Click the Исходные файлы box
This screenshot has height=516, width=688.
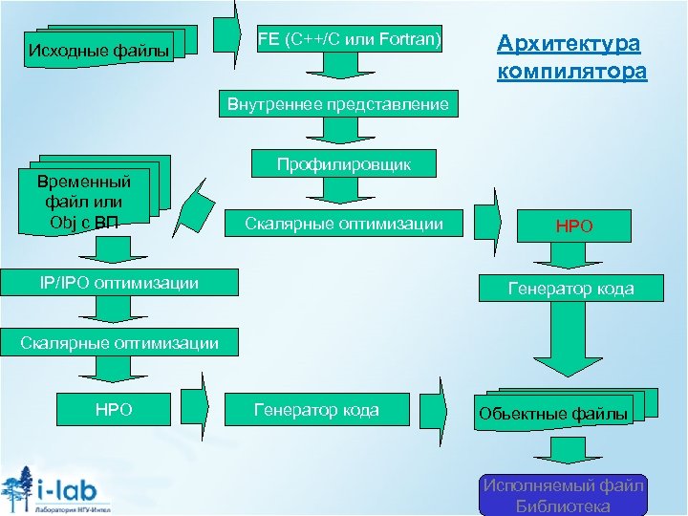click(x=99, y=49)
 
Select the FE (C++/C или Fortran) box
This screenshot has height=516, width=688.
click(x=350, y=39)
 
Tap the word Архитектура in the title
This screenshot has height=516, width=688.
click(x=570, y=44)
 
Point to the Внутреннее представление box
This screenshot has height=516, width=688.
click(x=337, y=104)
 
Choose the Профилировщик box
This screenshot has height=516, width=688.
click(x=344, y=164)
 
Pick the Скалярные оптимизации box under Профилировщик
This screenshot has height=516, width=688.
click(x=344, y=225)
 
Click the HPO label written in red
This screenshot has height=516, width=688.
click(x=574, y=227)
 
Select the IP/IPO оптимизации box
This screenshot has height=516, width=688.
click(x=119, y=282)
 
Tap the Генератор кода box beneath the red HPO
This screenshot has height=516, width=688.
click(x=570, y=288)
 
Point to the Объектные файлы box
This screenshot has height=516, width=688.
click(x=554, y=413)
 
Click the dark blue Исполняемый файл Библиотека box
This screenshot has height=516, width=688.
click(x=563, y=496)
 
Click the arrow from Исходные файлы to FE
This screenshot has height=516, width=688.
click(x=227, y=34)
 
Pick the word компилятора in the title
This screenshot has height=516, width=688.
click(x=571, y=72)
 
